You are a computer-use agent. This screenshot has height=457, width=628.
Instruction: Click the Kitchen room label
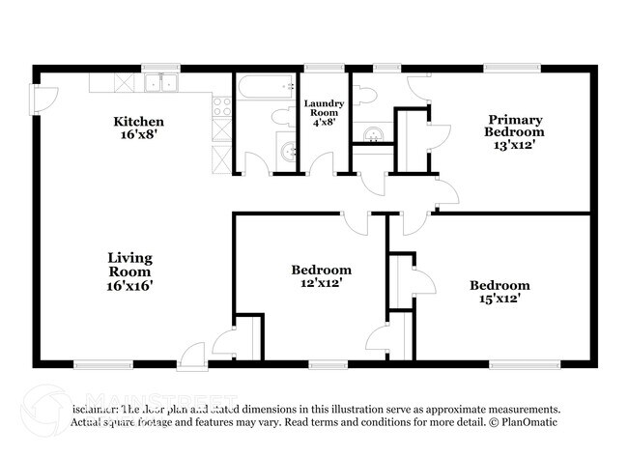(138, 129)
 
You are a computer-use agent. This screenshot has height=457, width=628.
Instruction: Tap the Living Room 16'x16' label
(129, 271)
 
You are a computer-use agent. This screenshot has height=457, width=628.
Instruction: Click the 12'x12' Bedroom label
(321, 276)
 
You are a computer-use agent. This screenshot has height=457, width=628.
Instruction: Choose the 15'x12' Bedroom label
(500, 292)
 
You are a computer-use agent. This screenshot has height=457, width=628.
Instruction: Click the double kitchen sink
(161, 84)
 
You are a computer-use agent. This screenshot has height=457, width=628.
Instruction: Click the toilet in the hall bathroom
(280, 117)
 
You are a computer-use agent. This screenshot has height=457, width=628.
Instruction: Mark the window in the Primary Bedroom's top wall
(511, 68)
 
